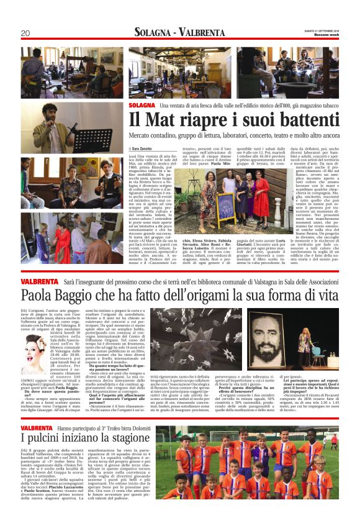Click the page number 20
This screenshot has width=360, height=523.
click(x=25, y=33)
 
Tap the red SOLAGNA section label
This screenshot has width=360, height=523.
click(x=142, y=106)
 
